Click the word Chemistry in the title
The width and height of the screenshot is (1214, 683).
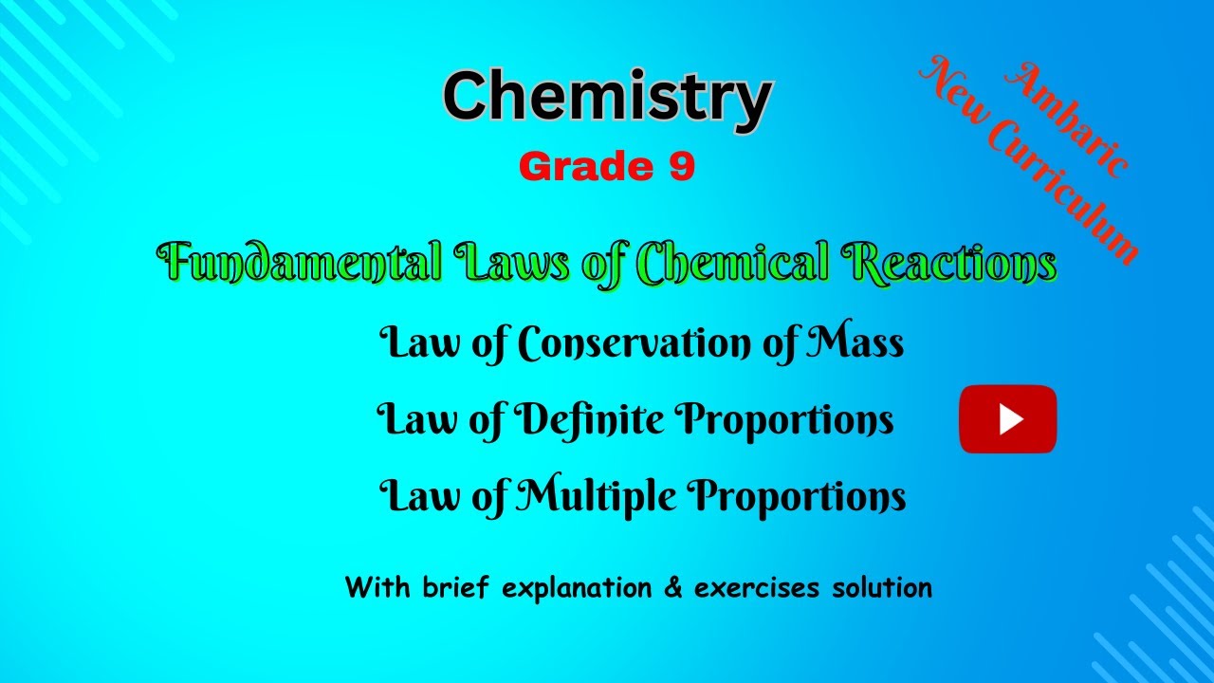coord(607,98)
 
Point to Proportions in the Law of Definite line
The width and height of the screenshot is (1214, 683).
coord(784,420)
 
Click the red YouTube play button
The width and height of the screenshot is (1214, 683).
coord(1007,418)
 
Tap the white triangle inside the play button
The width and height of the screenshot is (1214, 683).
coord(1010,418)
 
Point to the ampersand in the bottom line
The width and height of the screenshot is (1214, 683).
coord(673,588)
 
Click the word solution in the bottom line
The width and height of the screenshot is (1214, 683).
coord(882,588)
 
